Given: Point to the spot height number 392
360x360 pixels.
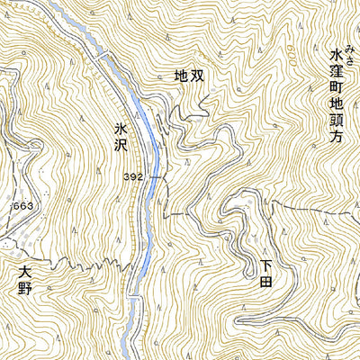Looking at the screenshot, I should point(133,178).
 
